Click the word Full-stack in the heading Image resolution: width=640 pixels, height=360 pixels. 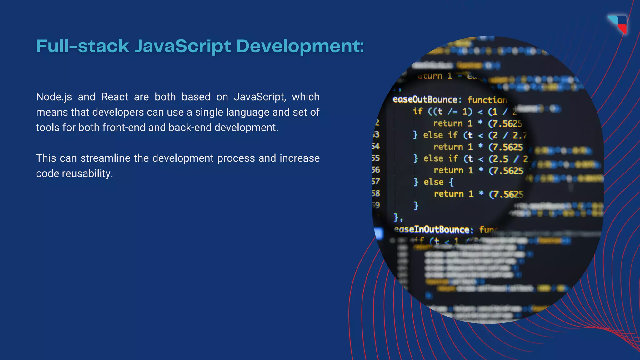pyautogui.click(x=82, y=46)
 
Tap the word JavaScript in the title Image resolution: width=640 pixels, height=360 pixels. pyautogui.click(x=182, y=46)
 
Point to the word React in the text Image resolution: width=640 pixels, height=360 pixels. pyautogui.click(x=115, y=97)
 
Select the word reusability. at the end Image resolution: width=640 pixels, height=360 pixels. pyautogui.click(x=87, y=173)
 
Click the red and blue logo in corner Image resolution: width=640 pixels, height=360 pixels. pyautogui.click(x=619, y=24)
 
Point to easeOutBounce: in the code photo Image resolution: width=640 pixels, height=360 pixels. pyautogui.click(x=426, y=100)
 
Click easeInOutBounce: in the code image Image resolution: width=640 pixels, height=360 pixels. pyautogui.click(x=433, y=230)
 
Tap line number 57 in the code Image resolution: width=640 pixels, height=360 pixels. pyautogui.click(x=376, y=182)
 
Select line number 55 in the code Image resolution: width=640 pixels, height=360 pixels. pyautogui.click(x=376, y=158)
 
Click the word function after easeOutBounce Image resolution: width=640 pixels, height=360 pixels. pyautogui.click(x=487, y=100)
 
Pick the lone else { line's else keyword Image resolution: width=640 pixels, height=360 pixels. pyautogui.click(x=433, y=182)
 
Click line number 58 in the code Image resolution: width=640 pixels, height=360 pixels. pyautogui.click(x=376, y=193)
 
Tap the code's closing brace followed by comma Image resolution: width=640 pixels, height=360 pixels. pyautogui.click(x=398, y=217)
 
